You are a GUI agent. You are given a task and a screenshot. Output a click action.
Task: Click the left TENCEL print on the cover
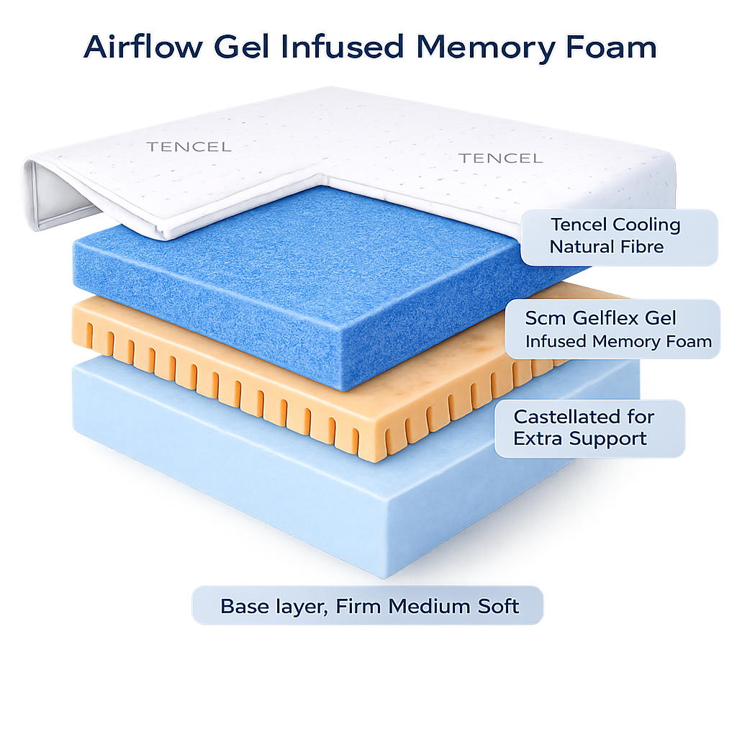click(x=189, y=147)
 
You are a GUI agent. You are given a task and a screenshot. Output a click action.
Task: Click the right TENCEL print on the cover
click(x=501, y=158)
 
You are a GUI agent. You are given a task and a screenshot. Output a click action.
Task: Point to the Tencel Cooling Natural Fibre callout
click(x=618, y=236)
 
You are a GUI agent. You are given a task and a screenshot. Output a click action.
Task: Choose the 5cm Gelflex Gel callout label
click(x=612, y=329)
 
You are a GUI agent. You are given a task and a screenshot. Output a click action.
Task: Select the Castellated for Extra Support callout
click(x=589, y=428)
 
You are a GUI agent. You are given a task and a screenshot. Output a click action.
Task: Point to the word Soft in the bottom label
click(x=494, y=606)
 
